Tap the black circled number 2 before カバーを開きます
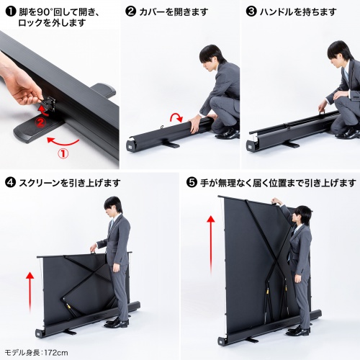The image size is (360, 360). pos(130,12)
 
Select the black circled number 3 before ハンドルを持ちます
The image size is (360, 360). pos(251,12)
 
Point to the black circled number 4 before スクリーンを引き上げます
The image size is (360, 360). pos(10,183)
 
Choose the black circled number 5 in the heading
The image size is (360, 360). pos(192,182)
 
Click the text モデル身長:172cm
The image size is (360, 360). pos(35,352)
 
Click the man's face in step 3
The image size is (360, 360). pos(337,55)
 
